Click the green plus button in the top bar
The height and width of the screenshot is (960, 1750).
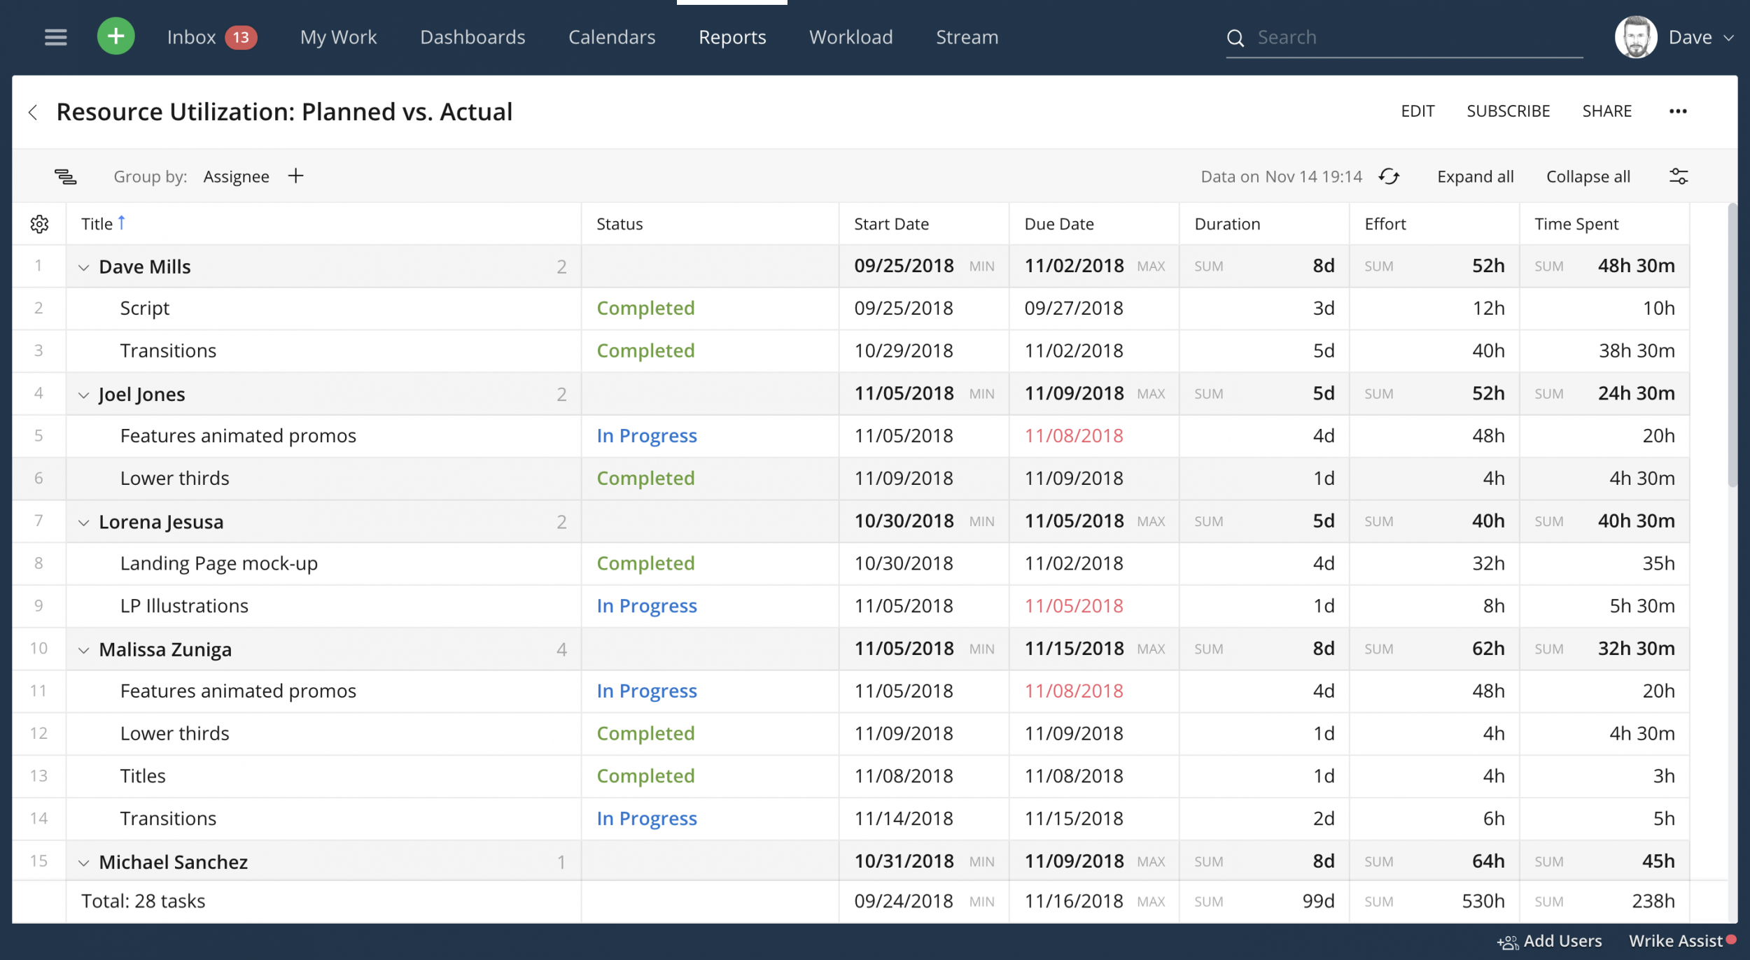115,36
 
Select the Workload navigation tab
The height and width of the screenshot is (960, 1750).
850,37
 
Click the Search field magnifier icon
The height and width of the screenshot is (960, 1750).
1235,38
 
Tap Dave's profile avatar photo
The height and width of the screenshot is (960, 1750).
1635,37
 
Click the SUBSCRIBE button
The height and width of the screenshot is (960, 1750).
1508,111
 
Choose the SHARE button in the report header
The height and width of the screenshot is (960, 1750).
1606,111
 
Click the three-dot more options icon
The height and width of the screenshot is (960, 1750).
1677,111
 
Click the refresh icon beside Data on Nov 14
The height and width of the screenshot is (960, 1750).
1389,176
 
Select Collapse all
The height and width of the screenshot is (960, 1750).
1588,177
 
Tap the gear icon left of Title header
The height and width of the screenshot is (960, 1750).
39,224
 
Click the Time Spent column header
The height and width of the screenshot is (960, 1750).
1576,224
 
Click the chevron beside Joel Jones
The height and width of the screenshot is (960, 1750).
84,395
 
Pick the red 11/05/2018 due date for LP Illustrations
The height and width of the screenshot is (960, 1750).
1074,606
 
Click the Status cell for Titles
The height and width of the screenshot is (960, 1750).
645,776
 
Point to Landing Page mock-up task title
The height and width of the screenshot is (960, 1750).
218,563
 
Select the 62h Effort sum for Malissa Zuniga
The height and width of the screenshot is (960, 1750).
1487,649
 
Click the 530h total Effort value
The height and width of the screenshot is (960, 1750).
1483,901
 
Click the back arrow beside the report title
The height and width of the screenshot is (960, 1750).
33,112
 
